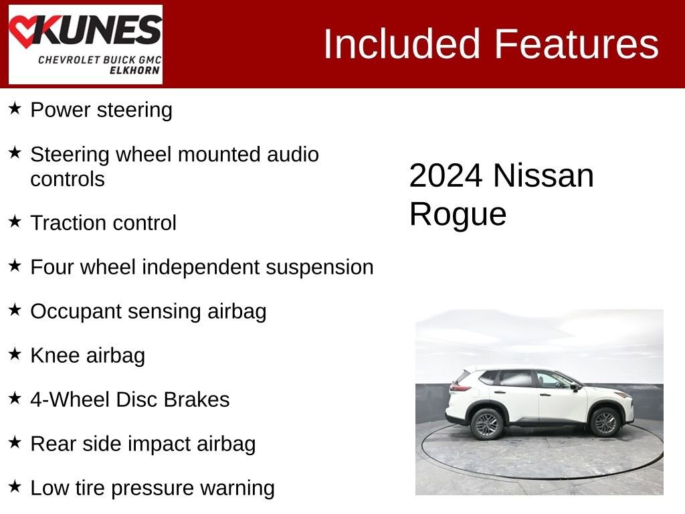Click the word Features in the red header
[x=577, y=44]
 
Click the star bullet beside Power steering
[x=15, y=108]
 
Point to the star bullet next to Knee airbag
[x=15, y=353]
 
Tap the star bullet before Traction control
[x=15, y=221]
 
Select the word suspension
[x=319, y=267]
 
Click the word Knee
[x=55, y=355]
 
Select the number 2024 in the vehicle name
[x=446, y=176]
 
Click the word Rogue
[x=458, y=214]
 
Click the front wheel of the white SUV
[x=605, y=422]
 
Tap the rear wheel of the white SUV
[x=487, y=423]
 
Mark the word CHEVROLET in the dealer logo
[x=69, y=60]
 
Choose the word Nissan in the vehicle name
[x=543, y=176]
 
